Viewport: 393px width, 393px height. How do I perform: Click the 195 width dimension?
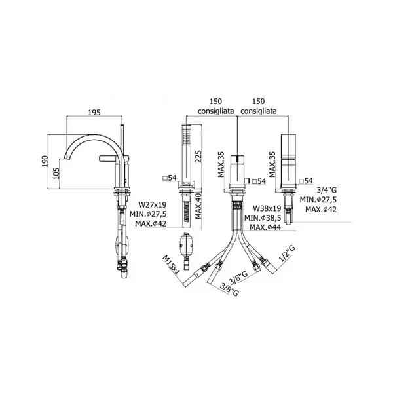(x=94, y=113)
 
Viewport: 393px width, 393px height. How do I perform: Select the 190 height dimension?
(x=45, y=162)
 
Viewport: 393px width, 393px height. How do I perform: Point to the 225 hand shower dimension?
(x=198, y=157)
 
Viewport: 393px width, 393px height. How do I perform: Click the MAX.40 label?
(x=198, y=206)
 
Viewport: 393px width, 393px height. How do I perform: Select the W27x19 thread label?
(x=153, y=205)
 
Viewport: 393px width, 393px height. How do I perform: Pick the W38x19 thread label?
(x=267, y=208)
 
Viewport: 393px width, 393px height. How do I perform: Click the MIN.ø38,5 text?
(x=263, y=218)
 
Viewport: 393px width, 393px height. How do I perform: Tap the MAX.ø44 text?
(x=265, y=227)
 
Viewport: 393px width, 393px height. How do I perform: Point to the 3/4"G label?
(x=327, y=190)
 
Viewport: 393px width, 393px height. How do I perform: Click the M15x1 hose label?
(x=172, y=265)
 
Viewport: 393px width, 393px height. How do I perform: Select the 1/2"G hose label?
(x=287, y=253)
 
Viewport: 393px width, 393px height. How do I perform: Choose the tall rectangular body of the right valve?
(x=288, y=160)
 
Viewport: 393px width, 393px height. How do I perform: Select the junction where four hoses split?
(x=237, y=233)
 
